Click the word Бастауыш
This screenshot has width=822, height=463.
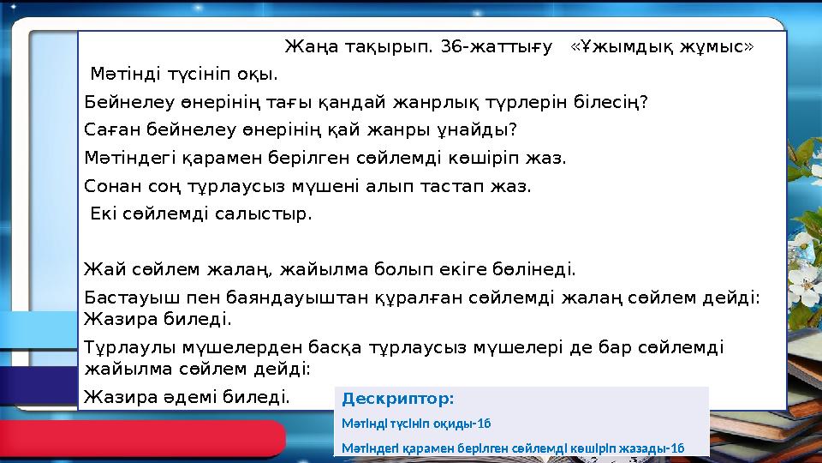click(x=124, y=298)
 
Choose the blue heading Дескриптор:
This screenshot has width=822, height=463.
click(x=398, y=399)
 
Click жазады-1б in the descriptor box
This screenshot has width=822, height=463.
click(x=651, y=448)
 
